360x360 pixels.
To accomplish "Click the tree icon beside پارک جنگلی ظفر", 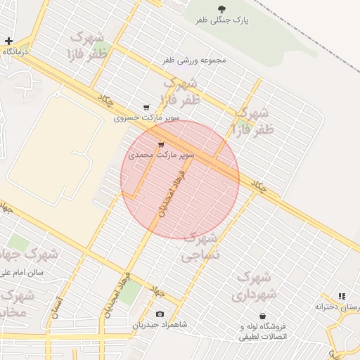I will [222, 9].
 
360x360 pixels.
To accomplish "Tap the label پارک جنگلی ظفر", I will [223, 22].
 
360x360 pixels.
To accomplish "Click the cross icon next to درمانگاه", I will [8, 41].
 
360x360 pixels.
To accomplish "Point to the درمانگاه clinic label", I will [14, 53].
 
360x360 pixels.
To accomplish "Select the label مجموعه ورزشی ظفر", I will [195, 60].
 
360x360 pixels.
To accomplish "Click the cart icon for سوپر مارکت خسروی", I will [146, 108].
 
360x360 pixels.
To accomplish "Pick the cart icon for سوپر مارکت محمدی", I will [161, 145].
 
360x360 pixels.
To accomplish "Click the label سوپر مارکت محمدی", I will [160, 153].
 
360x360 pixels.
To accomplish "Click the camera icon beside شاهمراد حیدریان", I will [160, 314].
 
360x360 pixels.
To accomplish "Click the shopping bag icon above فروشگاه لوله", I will [262, 315].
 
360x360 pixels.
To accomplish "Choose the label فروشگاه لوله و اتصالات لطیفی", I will [263, 331].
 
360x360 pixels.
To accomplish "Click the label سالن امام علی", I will [22, 271].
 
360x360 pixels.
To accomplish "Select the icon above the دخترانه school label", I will [342, 297].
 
